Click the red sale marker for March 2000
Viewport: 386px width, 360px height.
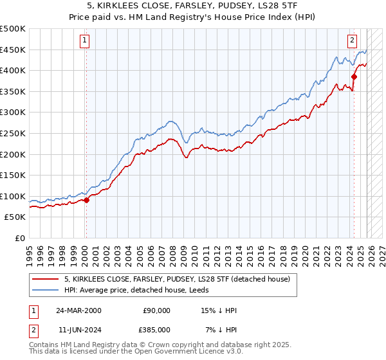[86, 200]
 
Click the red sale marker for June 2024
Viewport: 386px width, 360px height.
[354, 76]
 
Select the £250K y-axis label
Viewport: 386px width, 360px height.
[13, 133]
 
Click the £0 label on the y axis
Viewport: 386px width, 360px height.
[20, 239]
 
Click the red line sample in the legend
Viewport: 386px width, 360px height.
[46, 279]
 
